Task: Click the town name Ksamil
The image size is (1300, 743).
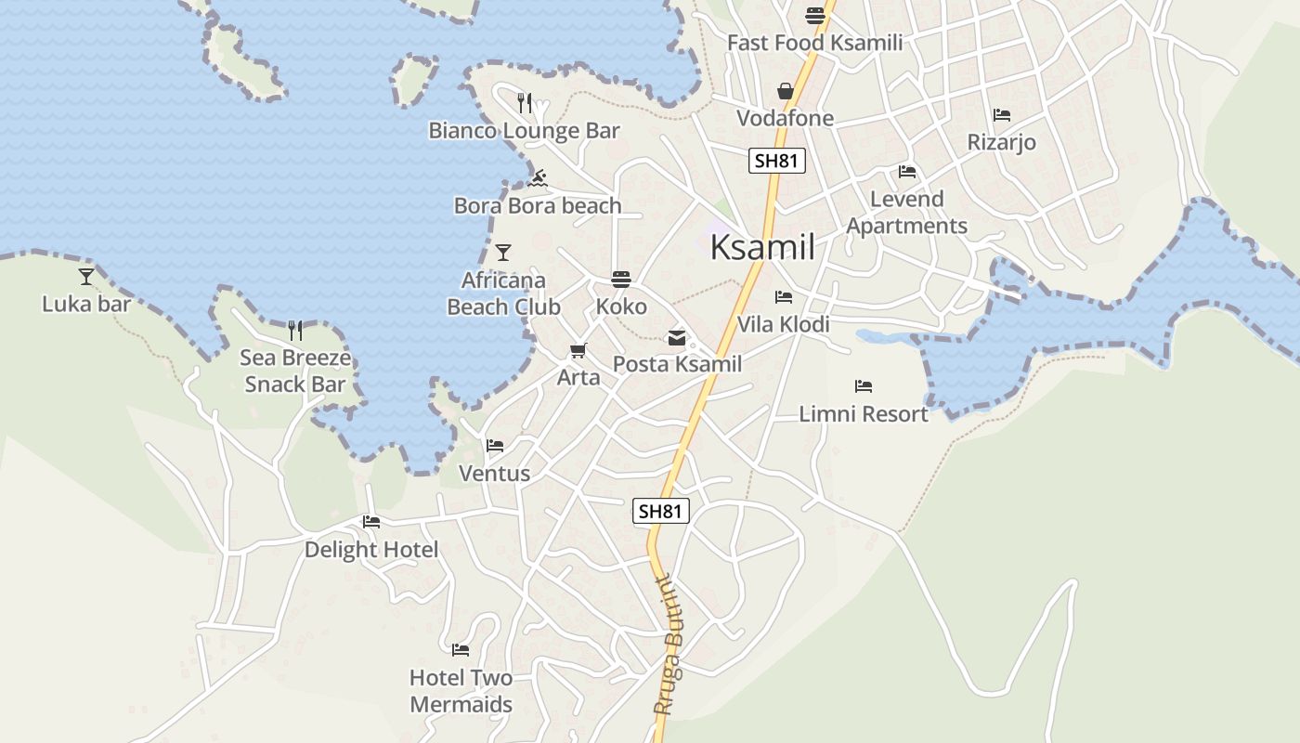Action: (762, 248)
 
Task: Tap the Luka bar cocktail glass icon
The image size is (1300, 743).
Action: (86, 276)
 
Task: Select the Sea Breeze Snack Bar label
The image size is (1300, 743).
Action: (294, 371)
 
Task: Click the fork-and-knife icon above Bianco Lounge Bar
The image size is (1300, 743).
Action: (525, 103)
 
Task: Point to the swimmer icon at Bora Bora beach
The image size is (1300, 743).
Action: (538, 177)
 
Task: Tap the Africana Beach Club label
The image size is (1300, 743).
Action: (503, 293)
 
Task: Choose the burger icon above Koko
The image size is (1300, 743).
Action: (621, 279)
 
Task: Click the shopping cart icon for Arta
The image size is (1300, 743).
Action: (578, 350)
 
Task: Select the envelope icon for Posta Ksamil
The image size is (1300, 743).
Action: (677, 338)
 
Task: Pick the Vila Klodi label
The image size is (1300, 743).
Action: (783, 324)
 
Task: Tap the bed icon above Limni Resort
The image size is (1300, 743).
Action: (864, 385)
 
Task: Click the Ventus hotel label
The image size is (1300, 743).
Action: (494, 474)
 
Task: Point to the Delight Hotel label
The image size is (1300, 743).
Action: (371, 550)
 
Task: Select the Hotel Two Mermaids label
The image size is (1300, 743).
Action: (461, 691)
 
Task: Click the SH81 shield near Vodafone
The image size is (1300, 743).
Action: (776, 161)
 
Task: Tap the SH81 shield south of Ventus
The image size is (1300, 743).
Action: (661, 511)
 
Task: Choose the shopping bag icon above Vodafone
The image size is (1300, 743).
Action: (786, 90)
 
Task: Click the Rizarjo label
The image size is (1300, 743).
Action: (1001, 142)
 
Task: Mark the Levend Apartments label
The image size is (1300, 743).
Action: (906, 213)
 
